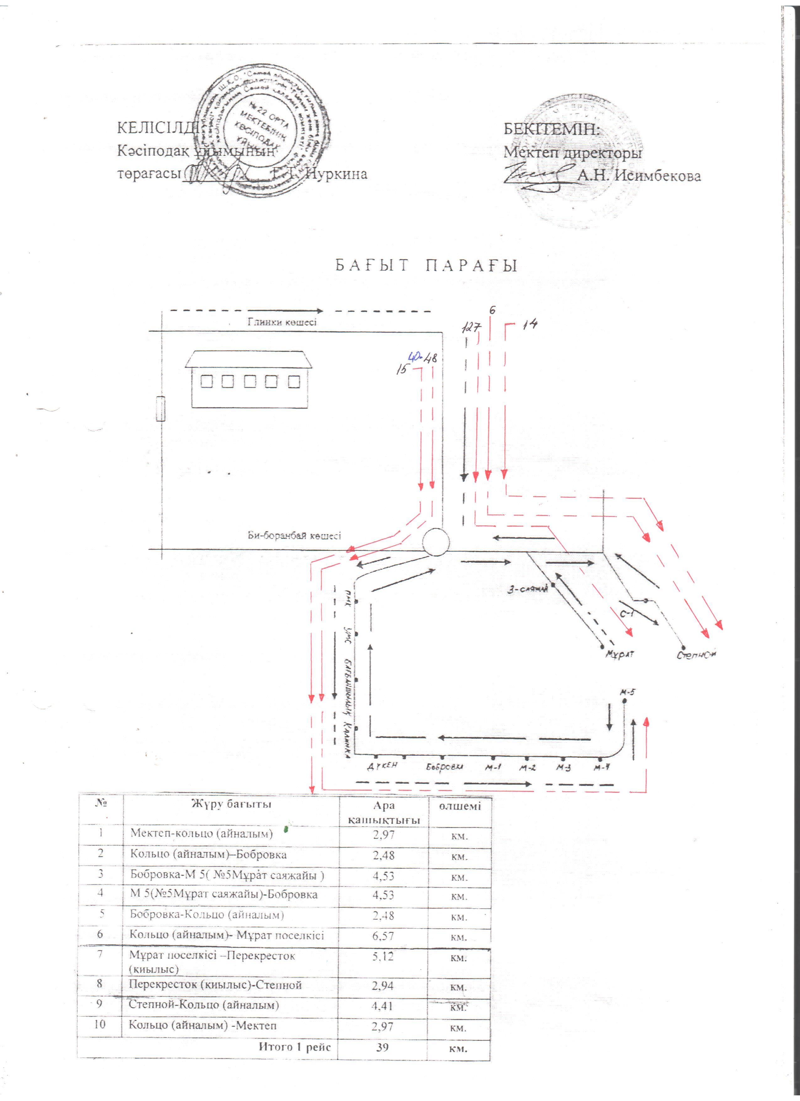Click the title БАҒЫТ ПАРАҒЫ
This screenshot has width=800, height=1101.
click(x=425, y=266)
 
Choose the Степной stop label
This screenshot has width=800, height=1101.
click(x=697, y=654)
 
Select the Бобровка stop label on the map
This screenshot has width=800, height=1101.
click(x=444, y=767)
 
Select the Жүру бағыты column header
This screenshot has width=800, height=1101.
click(x=231, y=804)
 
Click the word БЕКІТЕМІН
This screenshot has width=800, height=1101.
click(x=552, y=130)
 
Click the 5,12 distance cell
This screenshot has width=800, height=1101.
click(x=383, y=957)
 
